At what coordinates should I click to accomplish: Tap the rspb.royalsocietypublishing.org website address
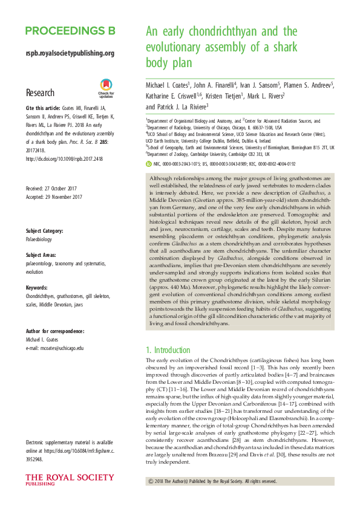click(x=70, y=53)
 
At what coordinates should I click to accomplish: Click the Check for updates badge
click(x=106, y=89)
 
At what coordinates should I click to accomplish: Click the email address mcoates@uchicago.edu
click(x=55, y=348)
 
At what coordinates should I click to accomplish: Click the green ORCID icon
click(x=150, y=163)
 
